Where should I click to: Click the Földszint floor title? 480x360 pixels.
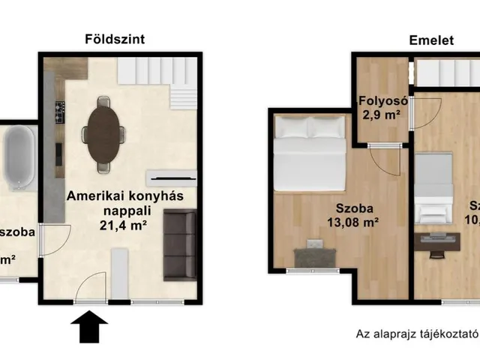point(115,38)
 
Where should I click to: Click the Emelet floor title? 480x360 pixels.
point(431,41)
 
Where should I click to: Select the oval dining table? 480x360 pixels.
point(103,134)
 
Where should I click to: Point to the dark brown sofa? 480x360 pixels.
point(179,244)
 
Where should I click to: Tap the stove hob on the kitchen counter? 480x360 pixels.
point(58,113)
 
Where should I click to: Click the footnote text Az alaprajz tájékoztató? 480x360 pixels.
point(416,334)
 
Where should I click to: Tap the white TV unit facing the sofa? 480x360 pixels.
point(172,178)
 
